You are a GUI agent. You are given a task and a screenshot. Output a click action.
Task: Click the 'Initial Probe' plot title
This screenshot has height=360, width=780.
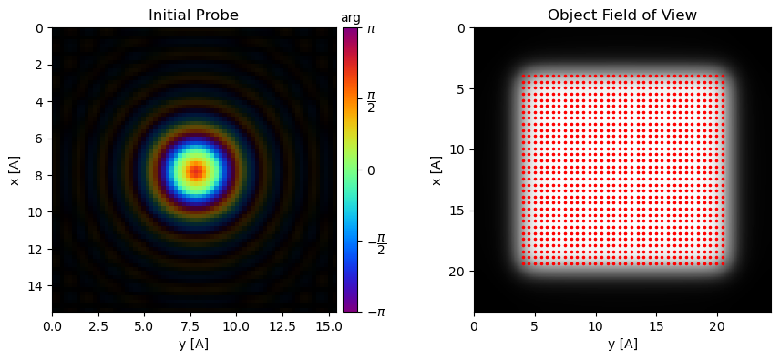194,15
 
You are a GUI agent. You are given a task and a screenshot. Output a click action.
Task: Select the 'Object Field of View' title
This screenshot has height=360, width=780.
621,15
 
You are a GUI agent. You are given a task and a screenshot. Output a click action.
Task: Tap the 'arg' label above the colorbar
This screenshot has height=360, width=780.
351,17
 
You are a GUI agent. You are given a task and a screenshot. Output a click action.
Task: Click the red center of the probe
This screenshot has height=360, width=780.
196,170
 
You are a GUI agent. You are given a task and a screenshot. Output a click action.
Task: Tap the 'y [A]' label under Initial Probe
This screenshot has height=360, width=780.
194,344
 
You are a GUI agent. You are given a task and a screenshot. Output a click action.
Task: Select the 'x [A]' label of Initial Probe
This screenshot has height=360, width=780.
15,170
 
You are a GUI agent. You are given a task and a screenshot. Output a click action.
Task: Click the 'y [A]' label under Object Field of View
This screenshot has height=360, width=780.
621,344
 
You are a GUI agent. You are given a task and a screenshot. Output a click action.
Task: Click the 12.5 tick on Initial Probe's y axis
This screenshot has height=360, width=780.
282,325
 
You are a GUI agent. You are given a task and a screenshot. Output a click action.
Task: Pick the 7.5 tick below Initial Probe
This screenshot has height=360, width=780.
190,325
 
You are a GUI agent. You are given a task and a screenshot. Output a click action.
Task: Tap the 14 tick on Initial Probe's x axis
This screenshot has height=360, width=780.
36,285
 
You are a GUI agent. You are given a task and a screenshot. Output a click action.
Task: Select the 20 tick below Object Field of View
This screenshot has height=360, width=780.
718,325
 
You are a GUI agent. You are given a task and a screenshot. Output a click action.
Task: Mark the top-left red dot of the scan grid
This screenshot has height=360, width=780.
524,77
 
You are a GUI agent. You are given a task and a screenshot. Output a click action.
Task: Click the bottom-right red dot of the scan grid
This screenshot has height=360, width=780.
724,263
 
